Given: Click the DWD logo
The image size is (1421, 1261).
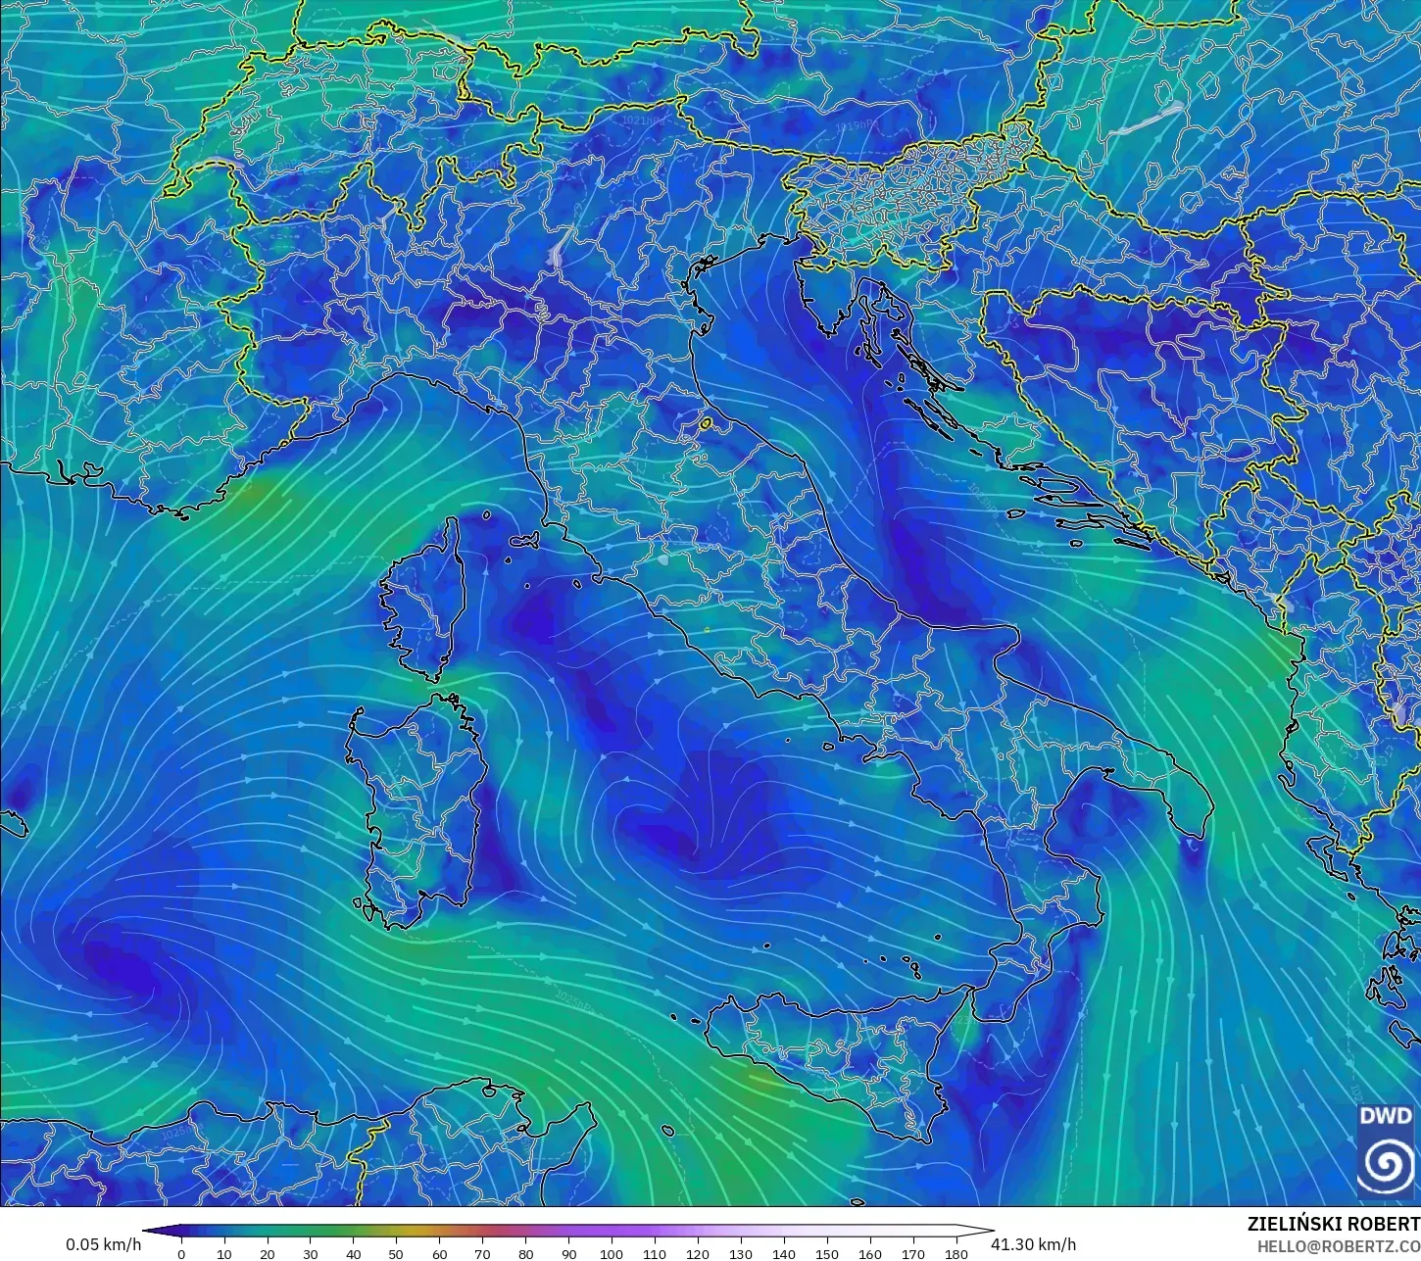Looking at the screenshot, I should pyautogui.click(x=1387, y=1150).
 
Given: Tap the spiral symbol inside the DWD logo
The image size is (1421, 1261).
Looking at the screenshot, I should pyautogui.click(x=1387, y=1165).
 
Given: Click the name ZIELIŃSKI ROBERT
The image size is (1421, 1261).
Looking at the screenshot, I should pyautogui.click(x=1333, y=1224).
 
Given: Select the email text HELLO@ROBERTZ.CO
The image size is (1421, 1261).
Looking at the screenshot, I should pyautogui.click(x=1339, y=1246).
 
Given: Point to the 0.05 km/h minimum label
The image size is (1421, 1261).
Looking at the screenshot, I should pyautogui.click(x=103, y=1244).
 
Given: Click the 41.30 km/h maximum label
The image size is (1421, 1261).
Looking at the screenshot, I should pyautogui.click(x=1033, y=1244).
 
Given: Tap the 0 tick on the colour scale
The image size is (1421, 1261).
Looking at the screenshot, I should pyautogui.click(x=181, y=1254).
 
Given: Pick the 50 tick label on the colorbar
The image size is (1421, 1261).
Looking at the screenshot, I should pyautogui.click(x=396, y=1254).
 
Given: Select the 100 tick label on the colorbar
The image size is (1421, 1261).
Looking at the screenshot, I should pyautogui.click(x=612, y=1254).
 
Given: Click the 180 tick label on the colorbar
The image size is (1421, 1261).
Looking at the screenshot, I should pyautogui.click(x=955, y=1254).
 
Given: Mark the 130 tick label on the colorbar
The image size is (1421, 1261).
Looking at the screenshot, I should pyautogui.click(x=741, y=1254).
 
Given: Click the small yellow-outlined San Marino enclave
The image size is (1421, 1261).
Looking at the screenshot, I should pyautogui.click(x=705, y=424).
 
